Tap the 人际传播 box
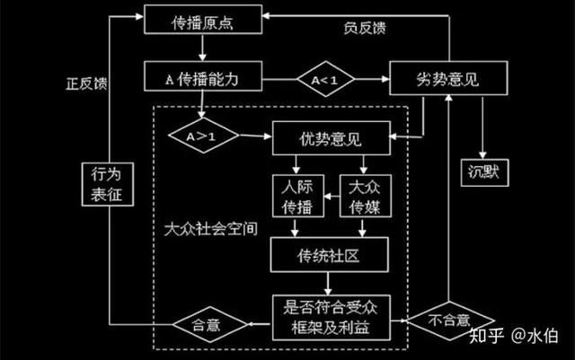(293, 196)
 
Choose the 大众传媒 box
(365, 196)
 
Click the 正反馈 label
(84, 83)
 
